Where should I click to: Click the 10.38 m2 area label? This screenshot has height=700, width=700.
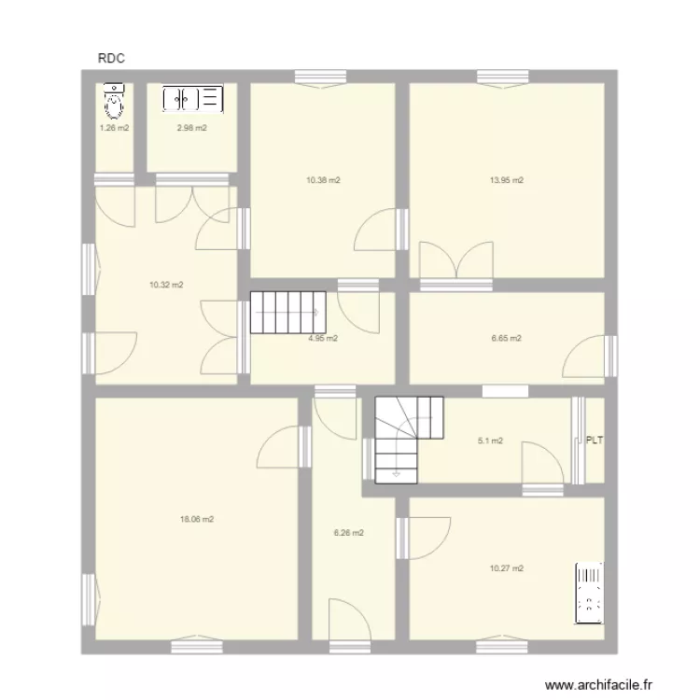tap(323, 180)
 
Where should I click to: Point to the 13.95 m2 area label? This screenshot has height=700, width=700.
tap(507, 180)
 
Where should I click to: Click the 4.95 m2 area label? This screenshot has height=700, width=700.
tap(323, 339)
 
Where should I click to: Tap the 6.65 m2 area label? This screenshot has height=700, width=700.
tap(506, 339)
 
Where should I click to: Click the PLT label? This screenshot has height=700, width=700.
tap(594, 441)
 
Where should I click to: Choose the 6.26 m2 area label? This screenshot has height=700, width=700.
tap(348, 533)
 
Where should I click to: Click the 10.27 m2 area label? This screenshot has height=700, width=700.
tap(507, 567)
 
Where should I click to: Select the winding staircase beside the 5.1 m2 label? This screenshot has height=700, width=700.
tap(408, 437)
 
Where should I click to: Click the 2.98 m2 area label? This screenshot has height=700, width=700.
tap(191, 128)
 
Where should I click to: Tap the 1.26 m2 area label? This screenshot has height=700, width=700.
tap(115, 128)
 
